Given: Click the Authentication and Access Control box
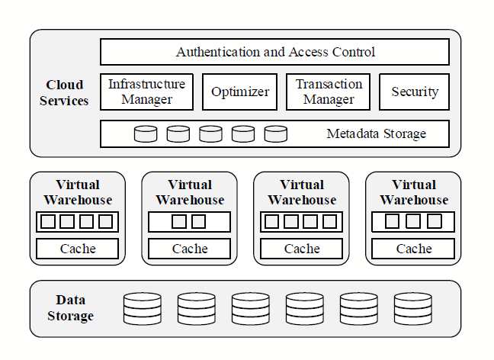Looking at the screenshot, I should (274, 52).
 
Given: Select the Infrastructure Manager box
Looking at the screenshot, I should (146, 92).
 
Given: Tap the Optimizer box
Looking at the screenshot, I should (240, 92).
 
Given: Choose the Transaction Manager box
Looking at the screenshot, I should (329, 92).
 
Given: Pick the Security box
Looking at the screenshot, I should (414, 92).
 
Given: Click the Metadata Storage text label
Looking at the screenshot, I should (376, 134).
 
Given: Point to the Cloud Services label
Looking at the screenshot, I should (64, 92).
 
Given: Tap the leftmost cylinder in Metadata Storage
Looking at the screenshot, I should (146, 134).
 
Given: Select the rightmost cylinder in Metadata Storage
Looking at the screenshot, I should (276, 134).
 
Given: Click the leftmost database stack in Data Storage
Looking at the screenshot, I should (143, 309).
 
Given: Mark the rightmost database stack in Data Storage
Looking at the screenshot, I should (413, 309).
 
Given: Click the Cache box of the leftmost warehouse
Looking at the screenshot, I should (78, 249).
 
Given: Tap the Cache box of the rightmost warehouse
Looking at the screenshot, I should (414, 249).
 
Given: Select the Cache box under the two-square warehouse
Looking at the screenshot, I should (190, 249).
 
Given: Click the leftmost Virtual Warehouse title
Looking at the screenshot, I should (78, 192).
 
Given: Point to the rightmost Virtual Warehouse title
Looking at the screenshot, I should (414, 192).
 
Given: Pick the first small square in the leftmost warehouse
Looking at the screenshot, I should (48, 222).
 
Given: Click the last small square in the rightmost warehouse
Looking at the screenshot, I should (434, 222).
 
